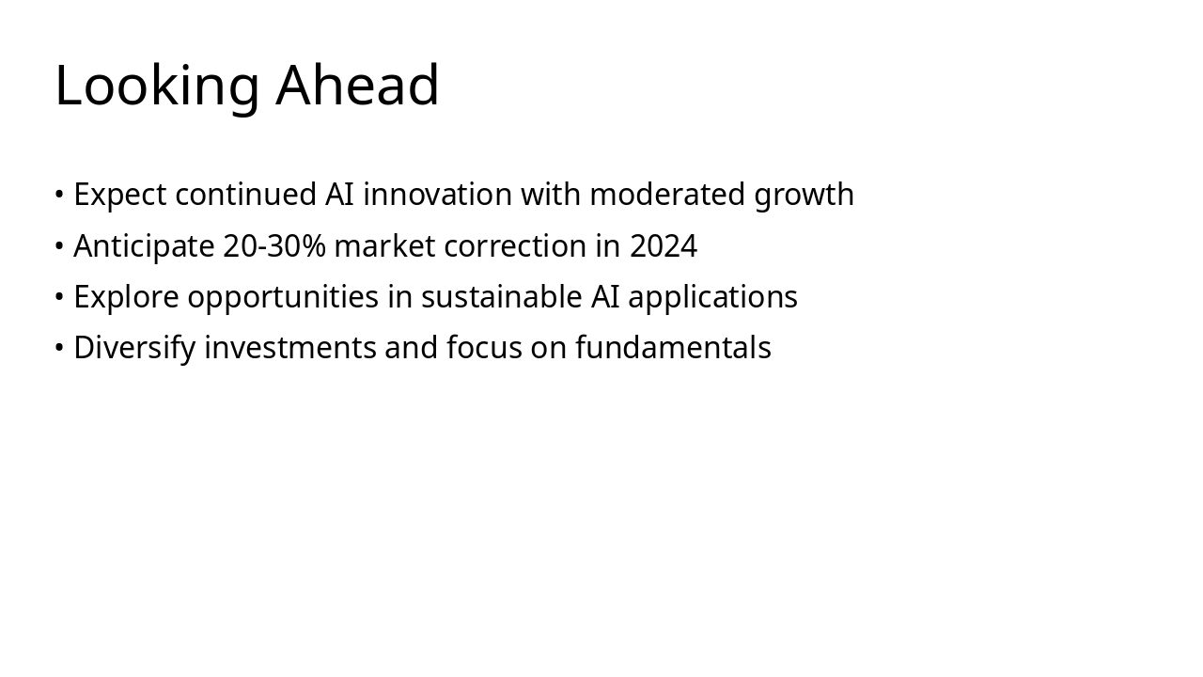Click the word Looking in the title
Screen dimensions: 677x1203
(x=156, y=87)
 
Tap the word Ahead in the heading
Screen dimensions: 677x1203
(x=357, y=85)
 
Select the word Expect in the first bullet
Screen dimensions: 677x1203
(x=120, y=196)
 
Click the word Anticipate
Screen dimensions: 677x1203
(x=144, y=246)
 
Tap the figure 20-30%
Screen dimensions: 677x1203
(x=273, y=246)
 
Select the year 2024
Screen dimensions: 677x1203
(x=663, y=246)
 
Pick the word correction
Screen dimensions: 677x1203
(x=515, y=246)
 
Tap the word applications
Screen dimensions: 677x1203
(x=712, y=297)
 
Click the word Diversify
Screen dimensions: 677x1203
(x=134, y=348)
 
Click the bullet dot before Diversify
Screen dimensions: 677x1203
(x=59, y=348)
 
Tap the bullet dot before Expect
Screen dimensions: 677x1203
(x=59, y=195)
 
